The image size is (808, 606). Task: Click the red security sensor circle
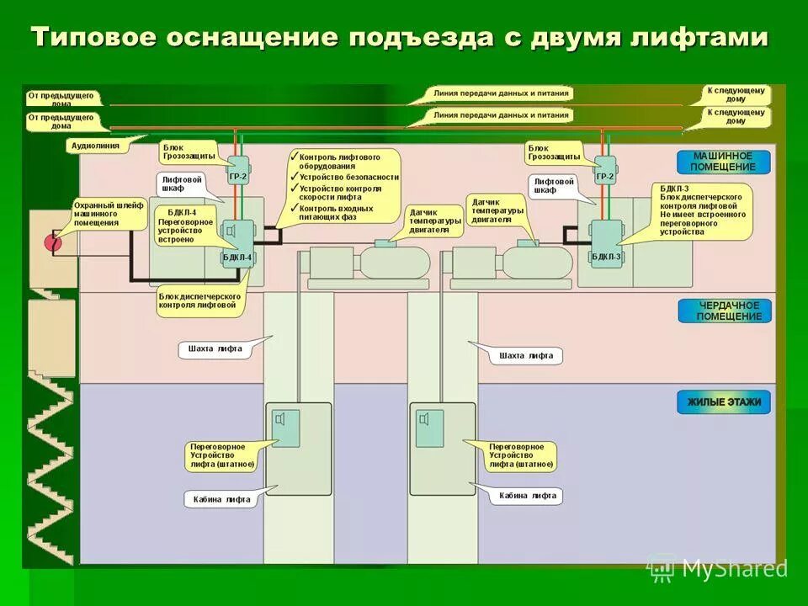pos(53,243)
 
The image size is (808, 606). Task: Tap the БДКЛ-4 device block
pos(237,241)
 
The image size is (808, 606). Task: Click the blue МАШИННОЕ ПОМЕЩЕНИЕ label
pos(724,161)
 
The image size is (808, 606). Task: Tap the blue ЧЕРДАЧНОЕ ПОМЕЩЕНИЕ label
pos(724,311)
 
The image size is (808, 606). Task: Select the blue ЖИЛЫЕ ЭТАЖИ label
pos(724,402)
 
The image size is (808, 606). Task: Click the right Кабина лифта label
pos(527,496)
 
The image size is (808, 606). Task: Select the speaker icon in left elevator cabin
pos(284,419)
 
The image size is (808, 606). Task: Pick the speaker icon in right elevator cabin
pos(427,419)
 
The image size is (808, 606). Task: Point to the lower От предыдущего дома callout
pos(61,121)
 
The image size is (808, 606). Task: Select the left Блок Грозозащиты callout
pos(188,151)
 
